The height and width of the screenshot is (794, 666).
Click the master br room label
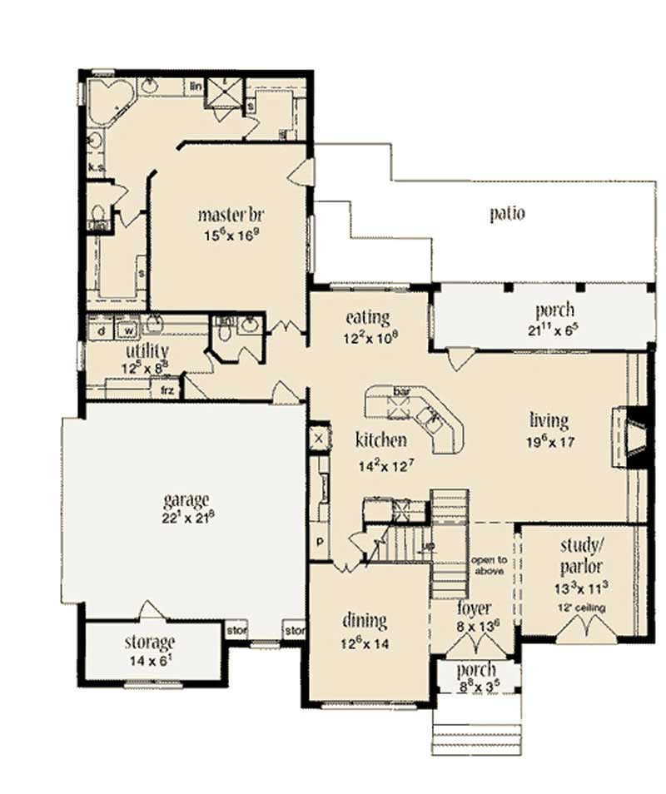click(x=231, y=215)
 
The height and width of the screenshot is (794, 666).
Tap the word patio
click(x=506, y=213)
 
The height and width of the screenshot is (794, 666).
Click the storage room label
click(x=150, y=643)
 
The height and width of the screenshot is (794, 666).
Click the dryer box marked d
click(x=101, y=330)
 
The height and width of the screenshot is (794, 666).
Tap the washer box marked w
click(x=129, y=330)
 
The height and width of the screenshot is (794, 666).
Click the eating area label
click(x=367, y=317)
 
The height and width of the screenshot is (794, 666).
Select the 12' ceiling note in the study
click(x=583, y=608)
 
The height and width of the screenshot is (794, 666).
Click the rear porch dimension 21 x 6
click(x=554, y=329)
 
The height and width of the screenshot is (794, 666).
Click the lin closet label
click(x=196, y=86)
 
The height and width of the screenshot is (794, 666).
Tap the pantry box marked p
click(x=319, y=539)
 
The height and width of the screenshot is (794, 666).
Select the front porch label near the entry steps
click(x=476, y=670)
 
